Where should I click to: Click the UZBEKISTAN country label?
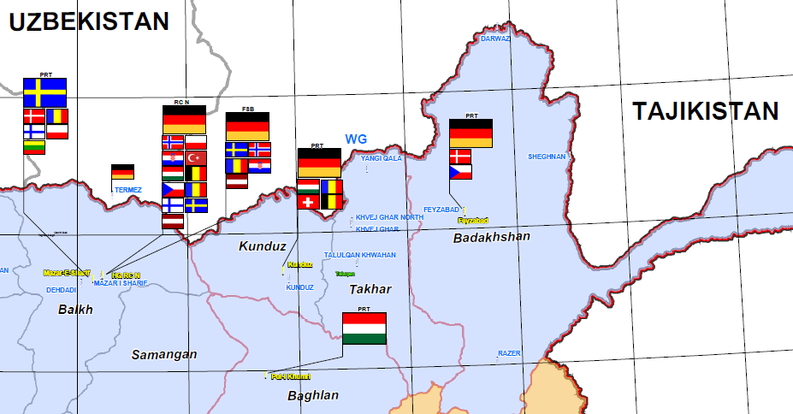tap(89, 22)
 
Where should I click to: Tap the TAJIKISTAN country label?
tap(706, 111)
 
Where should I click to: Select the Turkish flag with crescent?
tap(197, 158)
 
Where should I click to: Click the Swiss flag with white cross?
tap(308, 202)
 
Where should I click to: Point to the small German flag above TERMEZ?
tap(122, 172)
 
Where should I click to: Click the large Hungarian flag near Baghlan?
tap(364, 328)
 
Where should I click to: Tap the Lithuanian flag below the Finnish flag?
tap(33, 146)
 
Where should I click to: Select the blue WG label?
tap(356, 139)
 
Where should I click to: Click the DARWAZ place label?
tap(495, 39)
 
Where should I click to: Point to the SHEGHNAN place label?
tap(547, 157)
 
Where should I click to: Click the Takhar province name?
tap(370, 289)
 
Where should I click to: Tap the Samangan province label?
tap(164, 354)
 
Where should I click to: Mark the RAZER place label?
tap(509, 352)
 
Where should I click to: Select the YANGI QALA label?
tap(381, 158)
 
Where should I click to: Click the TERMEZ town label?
tap(127, 189)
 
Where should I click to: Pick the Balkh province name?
tap(74, 310)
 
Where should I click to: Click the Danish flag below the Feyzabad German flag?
tap(460, 156)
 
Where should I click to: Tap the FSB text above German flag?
tap(247, 109)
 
